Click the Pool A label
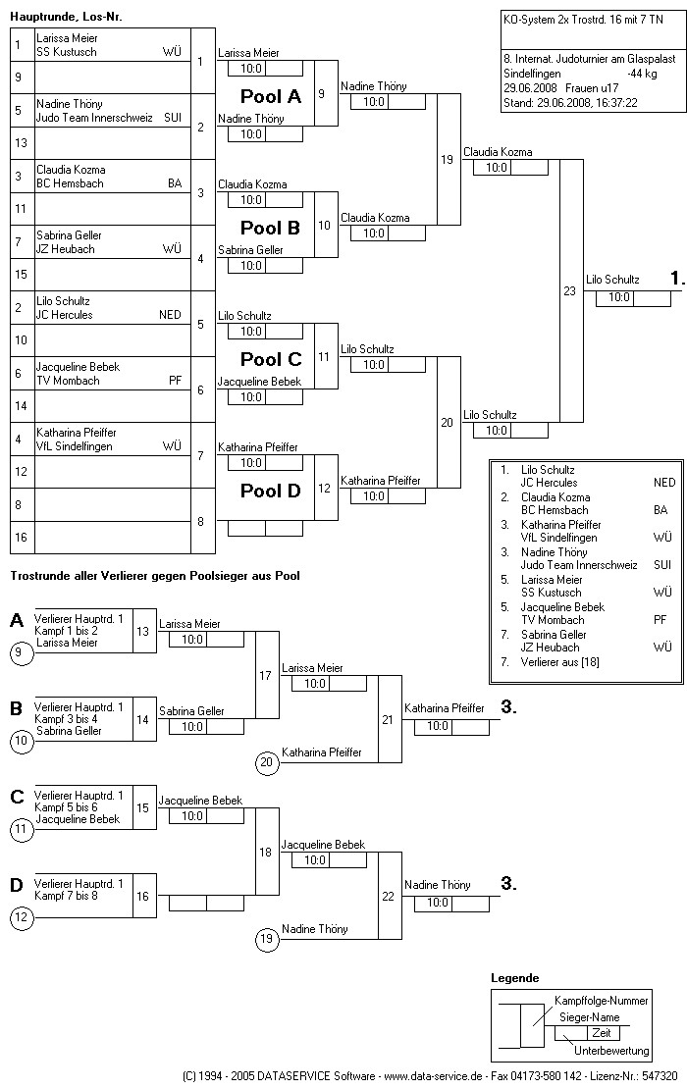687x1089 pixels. click(x=271, y=97)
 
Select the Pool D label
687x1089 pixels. click(x=271, y=492)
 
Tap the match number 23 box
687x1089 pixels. click(x=570, y=290)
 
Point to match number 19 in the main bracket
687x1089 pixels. click(x=448, y=159)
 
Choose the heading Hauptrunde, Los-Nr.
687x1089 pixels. click(x=67, y=17)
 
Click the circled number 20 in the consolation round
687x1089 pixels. click(x=266, y=761)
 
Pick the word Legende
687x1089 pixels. click(x=515, y=978)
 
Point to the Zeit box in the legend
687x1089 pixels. click(x=601, y=1033)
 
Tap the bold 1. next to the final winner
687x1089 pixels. click(x=676, y=280)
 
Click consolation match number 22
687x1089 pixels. click(x=389, y=896)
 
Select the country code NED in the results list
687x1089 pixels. click(x=664, y=483)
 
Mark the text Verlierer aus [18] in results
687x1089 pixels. click(x=560, y=662)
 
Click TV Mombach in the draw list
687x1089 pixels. click(x=68, y=381)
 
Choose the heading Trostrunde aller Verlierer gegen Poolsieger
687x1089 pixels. click(x=155, y=576)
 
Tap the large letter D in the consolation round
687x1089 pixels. click(x=17, y=886)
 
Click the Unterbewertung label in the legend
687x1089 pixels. click(x=612, y=1051)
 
